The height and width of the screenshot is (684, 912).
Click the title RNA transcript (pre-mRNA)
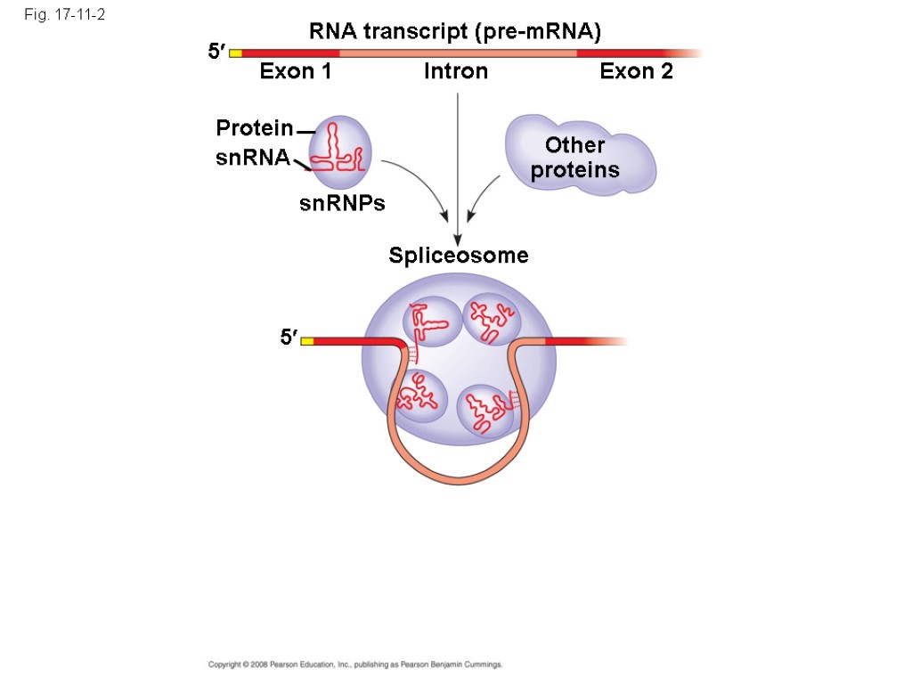coord(455,33)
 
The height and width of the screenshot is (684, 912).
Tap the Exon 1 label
coord(296,72)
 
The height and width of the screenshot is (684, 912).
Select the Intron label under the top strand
coord(456,72)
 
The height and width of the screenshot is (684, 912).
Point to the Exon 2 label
coord(636,72)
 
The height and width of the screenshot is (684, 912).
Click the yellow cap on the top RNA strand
coord(236,53)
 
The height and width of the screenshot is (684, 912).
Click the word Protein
coord(255,129)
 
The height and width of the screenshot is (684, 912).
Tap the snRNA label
coord(253,159)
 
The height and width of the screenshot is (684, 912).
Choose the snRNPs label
coord(342,204)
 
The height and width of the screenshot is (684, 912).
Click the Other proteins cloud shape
coord(579,156)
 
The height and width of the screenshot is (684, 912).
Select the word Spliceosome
coord(459,256)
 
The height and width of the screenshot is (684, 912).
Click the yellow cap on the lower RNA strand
coord(307,340)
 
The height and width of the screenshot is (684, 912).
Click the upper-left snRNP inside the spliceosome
coord(429,323)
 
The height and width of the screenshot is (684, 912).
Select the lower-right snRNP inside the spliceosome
coord(486,410)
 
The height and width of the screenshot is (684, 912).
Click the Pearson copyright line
coord(355,664)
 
